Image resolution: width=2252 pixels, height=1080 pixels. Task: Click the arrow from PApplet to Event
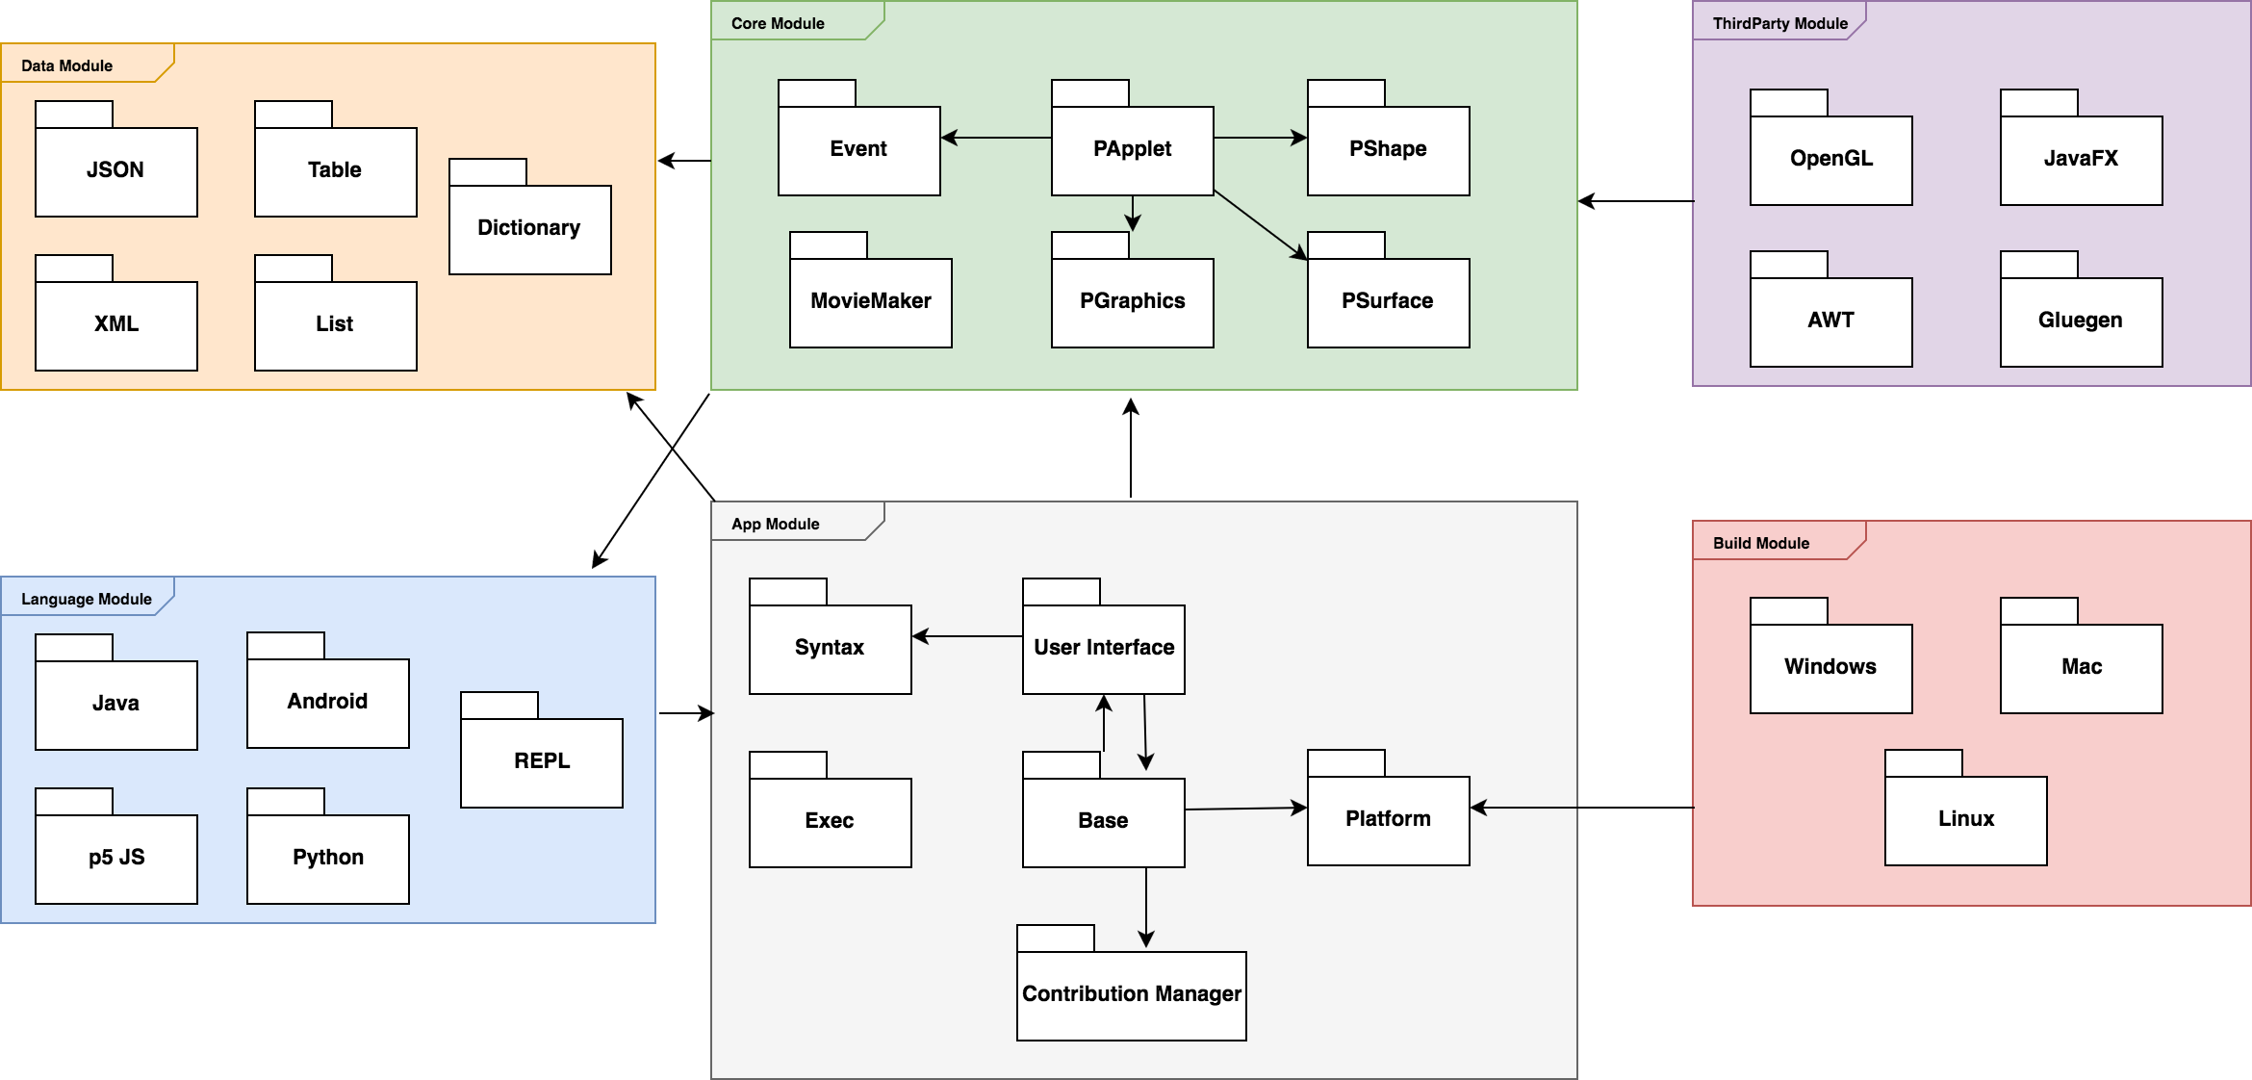click(996, 138)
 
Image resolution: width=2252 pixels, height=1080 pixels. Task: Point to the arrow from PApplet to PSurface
click(1261, 225)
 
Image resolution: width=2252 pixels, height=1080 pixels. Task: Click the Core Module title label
click(778, 23)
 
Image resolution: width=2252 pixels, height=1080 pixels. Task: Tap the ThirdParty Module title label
click(1779, 23)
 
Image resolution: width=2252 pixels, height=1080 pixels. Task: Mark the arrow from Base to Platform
click(1245, 809)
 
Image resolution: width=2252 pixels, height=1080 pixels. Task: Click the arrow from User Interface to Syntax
click(967, 636)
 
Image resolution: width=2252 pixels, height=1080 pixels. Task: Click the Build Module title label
click(1760, 543)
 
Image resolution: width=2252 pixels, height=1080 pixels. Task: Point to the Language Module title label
click(86, 599)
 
